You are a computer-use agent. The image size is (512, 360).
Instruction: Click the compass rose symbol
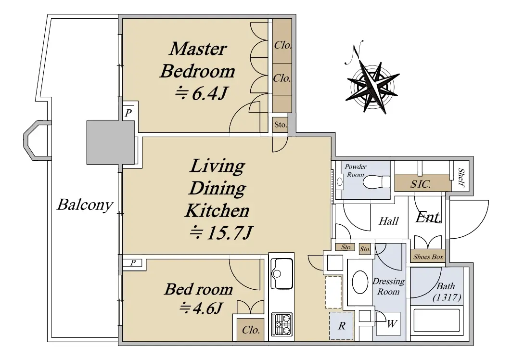[x=372, y=87]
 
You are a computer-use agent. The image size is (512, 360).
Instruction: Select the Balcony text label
[x=85, y=205]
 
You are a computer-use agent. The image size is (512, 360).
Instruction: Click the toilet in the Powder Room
[x=376, y=182]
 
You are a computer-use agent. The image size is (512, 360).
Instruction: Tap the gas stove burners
[x=282, y=324]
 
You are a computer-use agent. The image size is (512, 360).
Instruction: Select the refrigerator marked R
[x=341, y=326]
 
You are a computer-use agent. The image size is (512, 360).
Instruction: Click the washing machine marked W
[x=388, y=323]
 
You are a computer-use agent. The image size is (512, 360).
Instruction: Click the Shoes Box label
[x=428, y=257]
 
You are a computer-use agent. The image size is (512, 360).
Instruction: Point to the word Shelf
[x=461, y=178]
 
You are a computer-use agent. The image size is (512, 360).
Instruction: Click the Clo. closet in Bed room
[x=251, y=330]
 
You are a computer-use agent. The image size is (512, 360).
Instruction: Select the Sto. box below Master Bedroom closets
[x=281, y=125]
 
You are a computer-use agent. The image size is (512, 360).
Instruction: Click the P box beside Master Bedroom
[x=128, y=113]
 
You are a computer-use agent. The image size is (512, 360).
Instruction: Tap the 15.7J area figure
[x=221, y=232]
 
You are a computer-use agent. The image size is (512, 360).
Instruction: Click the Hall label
[x=389, y=221]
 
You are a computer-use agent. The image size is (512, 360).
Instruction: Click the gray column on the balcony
[x=110, y=142]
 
